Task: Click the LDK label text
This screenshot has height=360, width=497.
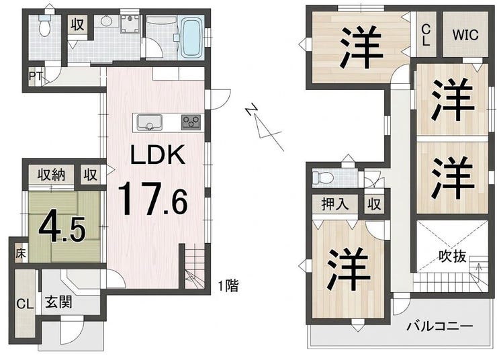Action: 158,154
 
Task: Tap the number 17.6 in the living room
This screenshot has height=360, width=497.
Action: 152,198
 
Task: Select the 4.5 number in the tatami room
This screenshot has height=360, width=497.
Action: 62,228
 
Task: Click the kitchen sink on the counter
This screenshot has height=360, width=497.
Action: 149,122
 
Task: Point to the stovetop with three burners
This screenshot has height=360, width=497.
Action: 191,122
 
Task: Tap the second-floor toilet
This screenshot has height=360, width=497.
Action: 322,178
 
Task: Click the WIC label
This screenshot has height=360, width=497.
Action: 465,35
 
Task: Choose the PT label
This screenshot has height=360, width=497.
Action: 36,76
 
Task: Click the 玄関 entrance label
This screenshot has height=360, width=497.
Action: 58,302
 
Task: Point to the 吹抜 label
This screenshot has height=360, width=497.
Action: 452,256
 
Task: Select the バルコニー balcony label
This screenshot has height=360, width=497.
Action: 440,326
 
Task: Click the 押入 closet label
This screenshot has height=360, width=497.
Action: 335,204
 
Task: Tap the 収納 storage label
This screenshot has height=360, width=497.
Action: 51,175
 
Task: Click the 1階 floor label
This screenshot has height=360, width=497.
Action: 228,286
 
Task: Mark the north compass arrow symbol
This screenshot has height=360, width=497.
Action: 264,126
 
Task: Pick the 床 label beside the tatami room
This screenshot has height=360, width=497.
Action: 21,253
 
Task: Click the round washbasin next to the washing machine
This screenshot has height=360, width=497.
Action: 106,21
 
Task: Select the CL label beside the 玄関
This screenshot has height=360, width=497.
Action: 25,304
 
